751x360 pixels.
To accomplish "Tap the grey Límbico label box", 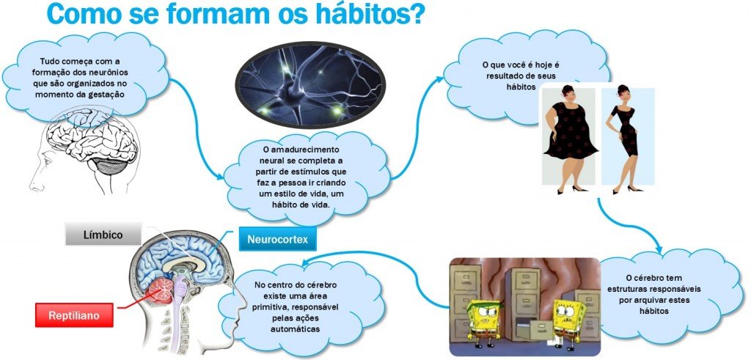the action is tap(103, 235).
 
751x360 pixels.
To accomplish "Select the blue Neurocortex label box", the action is tap(277, 238).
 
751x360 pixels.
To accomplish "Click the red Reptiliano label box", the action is tap(74, 315).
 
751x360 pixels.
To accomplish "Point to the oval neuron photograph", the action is tap(310, 86).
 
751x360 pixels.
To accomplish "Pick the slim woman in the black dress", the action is tap(625, 139).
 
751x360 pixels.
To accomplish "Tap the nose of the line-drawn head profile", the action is tap(34, 183).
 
